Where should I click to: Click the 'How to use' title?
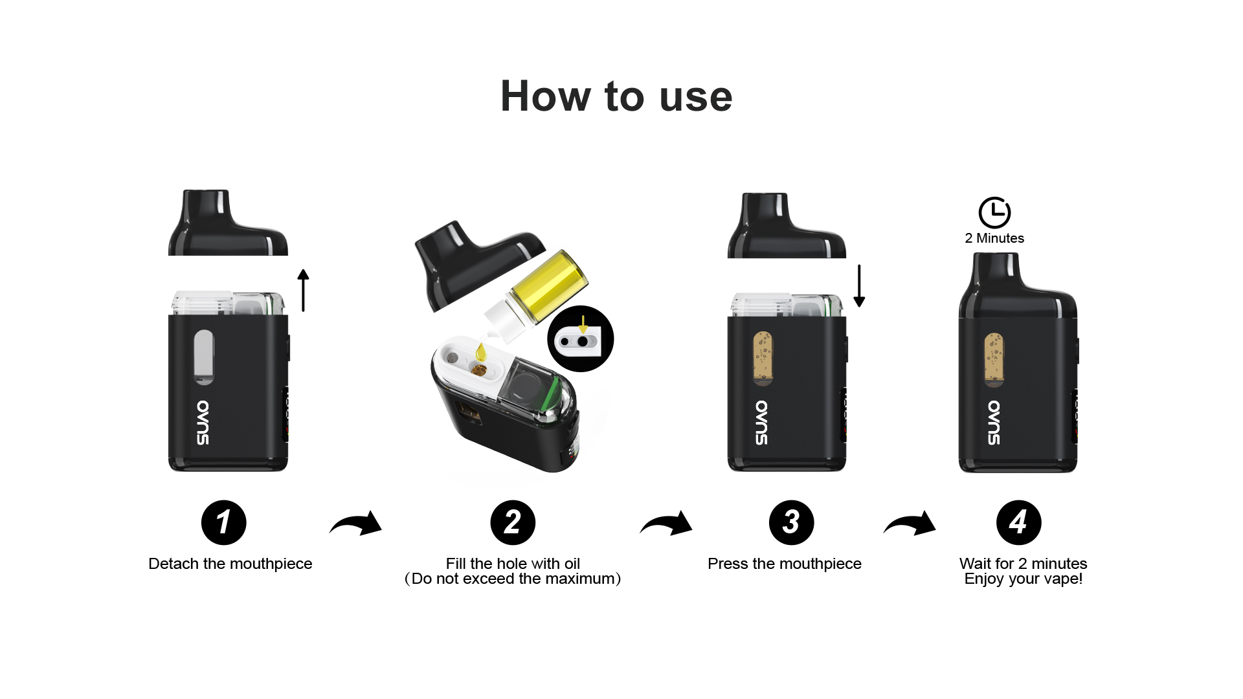point(616,96)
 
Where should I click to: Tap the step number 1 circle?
point(224,522)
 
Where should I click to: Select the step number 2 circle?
point(513,522)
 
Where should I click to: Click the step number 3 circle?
point(791,522)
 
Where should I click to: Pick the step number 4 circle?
point(1018,522)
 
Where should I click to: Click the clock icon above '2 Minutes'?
point(994,212)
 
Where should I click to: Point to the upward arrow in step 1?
point(303,290)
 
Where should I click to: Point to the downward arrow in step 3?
point(859,285)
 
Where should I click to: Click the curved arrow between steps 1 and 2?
point(356,524)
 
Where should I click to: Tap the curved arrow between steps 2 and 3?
point(666,524)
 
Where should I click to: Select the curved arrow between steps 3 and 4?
point(910,524)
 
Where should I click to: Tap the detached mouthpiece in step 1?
point(228,223)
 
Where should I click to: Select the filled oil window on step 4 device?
point(994,359)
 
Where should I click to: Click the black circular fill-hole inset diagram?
point(580,338)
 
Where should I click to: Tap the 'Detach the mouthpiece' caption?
point(230,564)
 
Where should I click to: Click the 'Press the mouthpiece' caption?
point(785,564)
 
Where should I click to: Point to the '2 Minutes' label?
point(994,238)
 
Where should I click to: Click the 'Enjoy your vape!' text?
point(1024,579)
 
